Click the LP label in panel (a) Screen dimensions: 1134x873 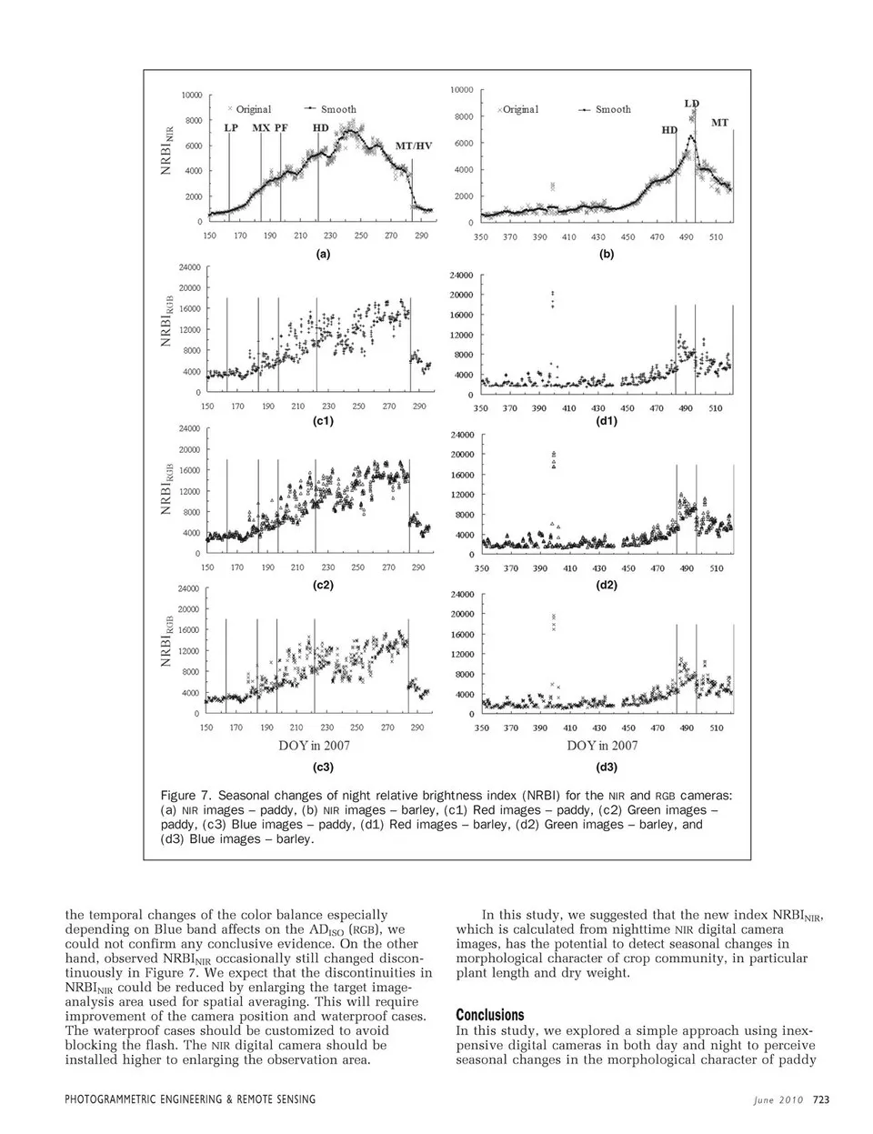point(231,128)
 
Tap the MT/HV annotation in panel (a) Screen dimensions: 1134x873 point(414,146)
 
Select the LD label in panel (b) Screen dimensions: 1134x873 point(692,104)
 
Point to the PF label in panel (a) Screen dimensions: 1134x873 point(281,128)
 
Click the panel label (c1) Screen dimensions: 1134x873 point(323,421)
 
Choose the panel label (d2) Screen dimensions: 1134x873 point(607,585)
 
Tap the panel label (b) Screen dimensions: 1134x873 point(607,255)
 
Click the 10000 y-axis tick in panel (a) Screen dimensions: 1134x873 point(190,95)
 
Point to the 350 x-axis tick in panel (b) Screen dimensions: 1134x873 point(480,237)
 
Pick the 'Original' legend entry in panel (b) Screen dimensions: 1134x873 point(520,109)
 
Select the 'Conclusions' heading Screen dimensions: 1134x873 point(490,1014)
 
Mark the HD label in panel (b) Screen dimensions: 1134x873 point(669,130)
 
